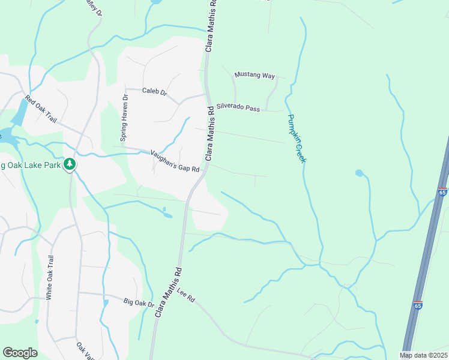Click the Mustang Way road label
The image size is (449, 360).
[x=255, y=75]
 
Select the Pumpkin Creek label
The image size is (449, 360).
[x=297, y=139]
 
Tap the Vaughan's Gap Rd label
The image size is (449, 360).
[x=175, y=161]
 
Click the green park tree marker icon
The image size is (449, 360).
[x=70, y=164]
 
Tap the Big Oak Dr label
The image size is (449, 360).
[x=139, y=302]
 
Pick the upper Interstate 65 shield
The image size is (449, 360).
[x=442, y=192]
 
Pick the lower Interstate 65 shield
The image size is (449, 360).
[x=418, y=305]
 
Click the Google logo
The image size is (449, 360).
[x=20, y=353]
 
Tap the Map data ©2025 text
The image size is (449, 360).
[x=423, y=355]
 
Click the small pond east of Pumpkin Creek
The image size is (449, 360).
[x=359, y=173]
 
